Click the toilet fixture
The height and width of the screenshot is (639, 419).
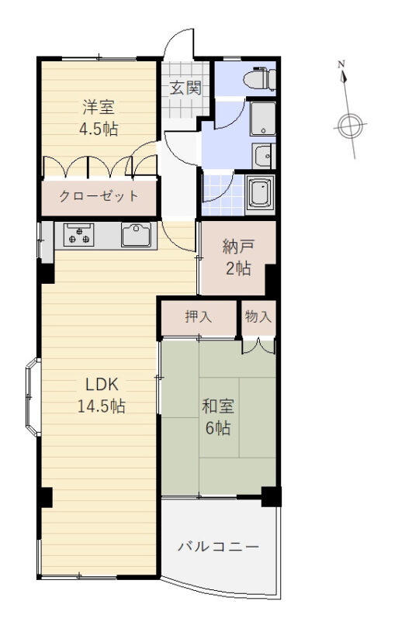click(x=260, y=78)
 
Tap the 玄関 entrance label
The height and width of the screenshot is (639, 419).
click(x=185, y=88)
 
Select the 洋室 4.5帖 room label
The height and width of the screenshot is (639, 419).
click(x=99, y=118)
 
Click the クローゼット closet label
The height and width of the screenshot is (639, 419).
click(x=99, y=196)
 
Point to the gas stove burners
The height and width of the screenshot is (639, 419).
click(x=78, y=235)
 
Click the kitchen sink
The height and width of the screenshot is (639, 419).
click(x=136, y=235)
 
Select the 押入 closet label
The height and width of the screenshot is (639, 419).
click(x=199, y=316)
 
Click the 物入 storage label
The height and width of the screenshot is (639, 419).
click(x=258, y=316)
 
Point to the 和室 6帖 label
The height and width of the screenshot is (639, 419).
click(x=218, y=417)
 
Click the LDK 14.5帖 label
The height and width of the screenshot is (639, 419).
click(x=102, y=395)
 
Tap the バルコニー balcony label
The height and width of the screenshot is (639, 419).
click(x=219, y=546)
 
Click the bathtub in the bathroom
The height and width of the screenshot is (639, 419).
click(x=260, y=194)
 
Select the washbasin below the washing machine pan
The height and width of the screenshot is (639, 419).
click(x=264, y=156)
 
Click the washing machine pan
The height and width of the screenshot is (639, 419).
click(x=263, y=118)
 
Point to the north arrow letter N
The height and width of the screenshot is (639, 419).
click(x=341, y=64)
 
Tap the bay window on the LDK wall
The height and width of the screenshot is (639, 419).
click(x=33, y=397)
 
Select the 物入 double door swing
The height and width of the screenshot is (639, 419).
click(x=259, y=346)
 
